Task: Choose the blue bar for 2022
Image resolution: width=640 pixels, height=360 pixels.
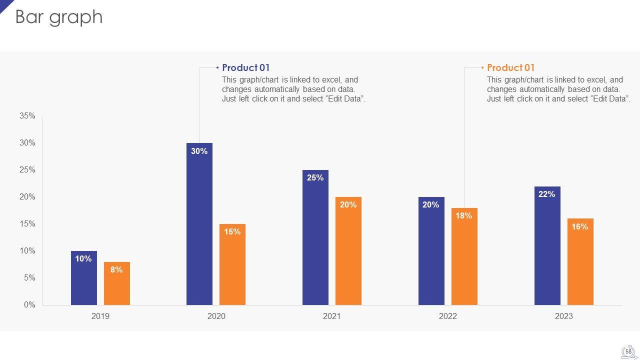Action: (431, 255)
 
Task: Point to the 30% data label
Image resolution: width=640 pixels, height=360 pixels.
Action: (199, 151)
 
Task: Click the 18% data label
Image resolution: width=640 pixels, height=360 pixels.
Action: (463, 216)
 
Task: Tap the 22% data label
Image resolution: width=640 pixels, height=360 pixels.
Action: (546, 194)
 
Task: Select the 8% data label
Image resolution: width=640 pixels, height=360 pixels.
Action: (116, 270)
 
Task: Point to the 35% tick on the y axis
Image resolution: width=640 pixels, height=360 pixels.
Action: (27, 116)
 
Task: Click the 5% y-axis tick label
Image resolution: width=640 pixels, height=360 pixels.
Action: (29, 278)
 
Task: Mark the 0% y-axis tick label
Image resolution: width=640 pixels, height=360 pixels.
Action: (29, 305)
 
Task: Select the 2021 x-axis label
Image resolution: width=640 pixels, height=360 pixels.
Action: (332, 316)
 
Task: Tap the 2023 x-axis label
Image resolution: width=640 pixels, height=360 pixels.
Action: (563, 316)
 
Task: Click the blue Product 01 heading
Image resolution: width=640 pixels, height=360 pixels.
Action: (245, 67)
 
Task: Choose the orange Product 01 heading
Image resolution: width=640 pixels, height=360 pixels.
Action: (510, 67)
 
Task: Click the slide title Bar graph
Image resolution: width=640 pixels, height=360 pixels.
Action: (59, 17)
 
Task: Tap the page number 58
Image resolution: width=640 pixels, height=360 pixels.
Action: (628, 352)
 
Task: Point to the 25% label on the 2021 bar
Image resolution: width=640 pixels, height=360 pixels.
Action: (315, 178)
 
